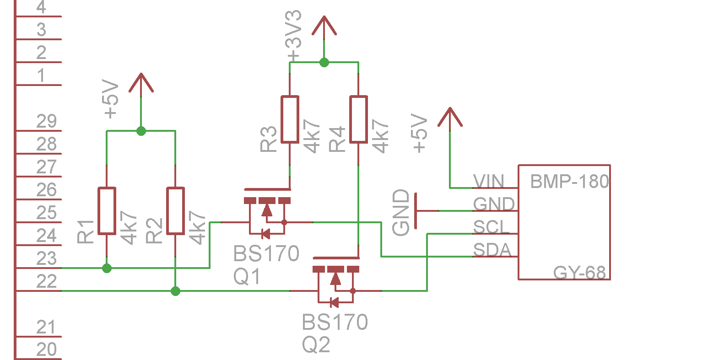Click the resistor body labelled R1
pyautogui.click(x=107, y=210)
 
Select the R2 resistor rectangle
pyautogui.click(x=175, y=210)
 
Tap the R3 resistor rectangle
pyautogui.click(x=290, y=119)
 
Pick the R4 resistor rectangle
pyautogui.click(x=358, y=119)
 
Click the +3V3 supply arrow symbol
pyautogui.click(x=324, y=26)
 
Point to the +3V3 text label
pyautogui.click(x=294, y=36)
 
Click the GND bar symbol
pyautogui.click(x=416, y=211)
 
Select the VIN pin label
pyautogui.click(x=489, y=181)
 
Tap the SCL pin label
pyautogui.click(x=492, y=227)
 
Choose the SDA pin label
pyautogui.click(x=492, y=250)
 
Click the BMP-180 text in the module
pyautogui.click(x=569, y=181)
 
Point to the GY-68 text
pyautogui.click(x=579, y=273)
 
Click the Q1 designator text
pyautogui.click(x=247, y=277)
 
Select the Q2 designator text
pyautogui.click(x=316, y=345)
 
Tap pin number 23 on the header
pyautogui.click(x=47, y=258)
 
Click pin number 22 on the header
pyautogui.click(x=47, y=281)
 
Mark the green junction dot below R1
pyautogui.click(x=107, y=268)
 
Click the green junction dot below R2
pyautogui.click(x=175, y=291)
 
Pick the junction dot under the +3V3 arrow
pyautogui.click(x=324, y=62)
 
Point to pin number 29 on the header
pyautogui.click(x=47, y=121)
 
